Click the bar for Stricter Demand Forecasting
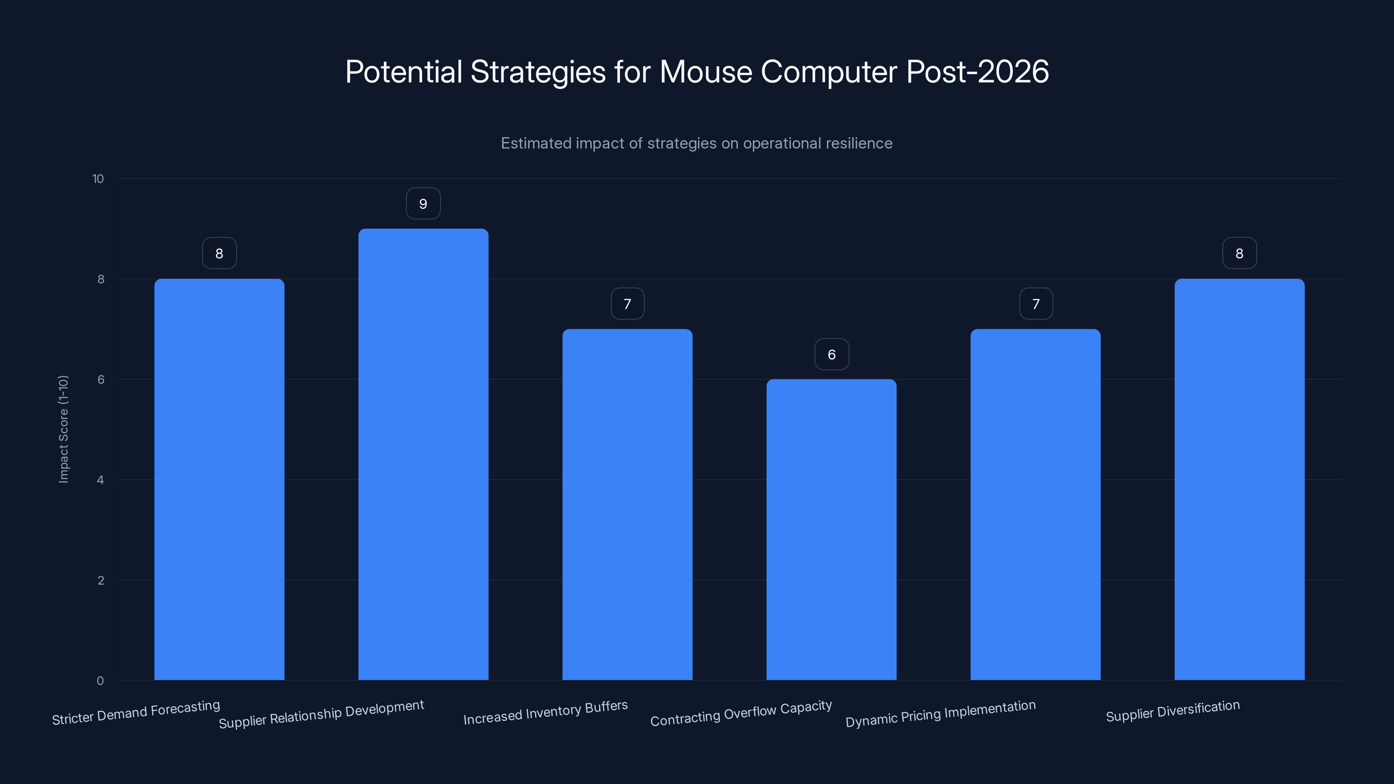tap(219, 480)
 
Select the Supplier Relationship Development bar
tap(423, 454)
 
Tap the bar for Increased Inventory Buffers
tap(627, 504)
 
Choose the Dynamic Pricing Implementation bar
tap(1035, 504)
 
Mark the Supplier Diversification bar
tap(1239, 480)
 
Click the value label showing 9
tap(423, 204)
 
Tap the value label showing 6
tap(832, 355)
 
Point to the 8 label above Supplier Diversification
tap(1239, 253)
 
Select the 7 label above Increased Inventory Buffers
tap(627, 304)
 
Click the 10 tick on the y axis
tap(98, 179)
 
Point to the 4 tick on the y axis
tap(100, 480)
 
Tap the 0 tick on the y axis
tap(100, 681)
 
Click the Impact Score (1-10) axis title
tap(63, 429)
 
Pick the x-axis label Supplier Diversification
tap(1173, 711)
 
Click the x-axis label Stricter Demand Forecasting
tap(136, 713)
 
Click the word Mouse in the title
tap(706, 72)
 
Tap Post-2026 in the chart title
tap(977, 72)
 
